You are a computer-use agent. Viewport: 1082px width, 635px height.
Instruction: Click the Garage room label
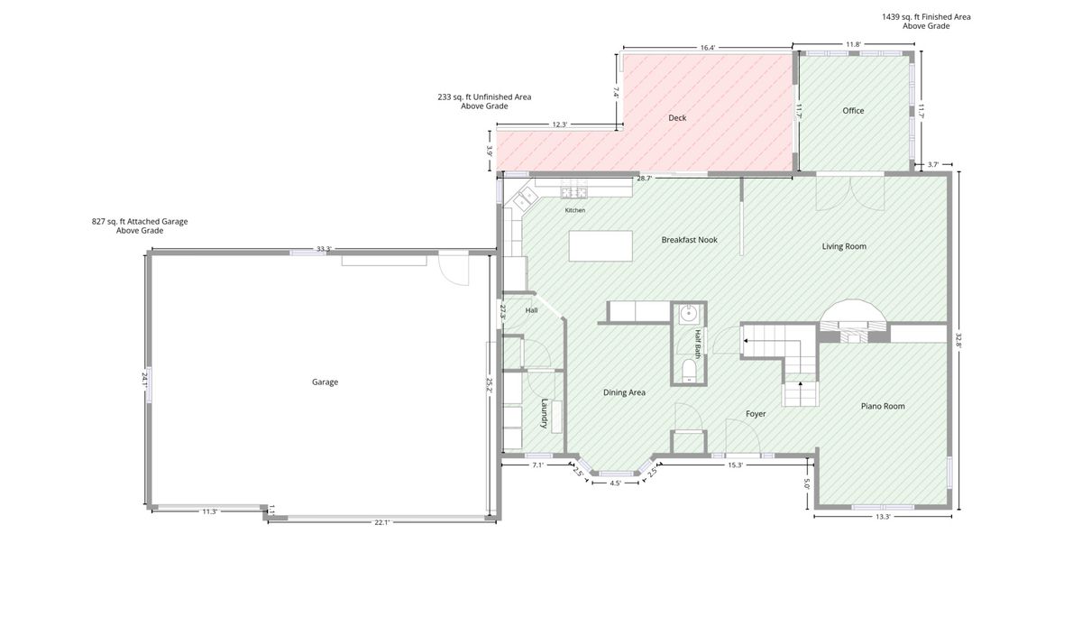point(325,382)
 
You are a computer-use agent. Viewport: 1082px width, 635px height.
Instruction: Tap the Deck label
point(677,118)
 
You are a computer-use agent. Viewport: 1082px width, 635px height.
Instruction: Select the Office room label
point(853,111)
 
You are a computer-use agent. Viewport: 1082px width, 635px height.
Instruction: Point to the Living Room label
point(844,246)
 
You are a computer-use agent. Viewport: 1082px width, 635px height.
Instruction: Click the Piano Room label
point(883,407)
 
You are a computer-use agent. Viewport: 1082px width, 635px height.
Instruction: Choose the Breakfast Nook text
point(689,240)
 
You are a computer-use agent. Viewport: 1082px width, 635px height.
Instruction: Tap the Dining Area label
point(624,393)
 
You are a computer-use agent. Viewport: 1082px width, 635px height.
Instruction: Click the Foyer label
point(756,414)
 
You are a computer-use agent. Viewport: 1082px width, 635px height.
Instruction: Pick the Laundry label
point(545,413)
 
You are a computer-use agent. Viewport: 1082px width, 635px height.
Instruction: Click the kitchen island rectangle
point(601,246)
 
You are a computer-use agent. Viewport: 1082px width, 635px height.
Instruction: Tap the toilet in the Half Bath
point(688,371)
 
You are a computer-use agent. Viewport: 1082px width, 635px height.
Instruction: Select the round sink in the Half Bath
point(687,315)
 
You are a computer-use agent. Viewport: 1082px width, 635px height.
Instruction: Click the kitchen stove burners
point(574,192)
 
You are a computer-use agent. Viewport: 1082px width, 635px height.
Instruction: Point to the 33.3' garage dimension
point(324,249)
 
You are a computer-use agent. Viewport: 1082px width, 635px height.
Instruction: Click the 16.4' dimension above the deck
point(707,48)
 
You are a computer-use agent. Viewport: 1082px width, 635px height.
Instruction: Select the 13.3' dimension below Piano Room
point(883,517)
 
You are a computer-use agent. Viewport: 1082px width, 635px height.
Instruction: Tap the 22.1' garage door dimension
point(381,522)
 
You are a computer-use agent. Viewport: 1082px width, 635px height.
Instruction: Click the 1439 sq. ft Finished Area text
point(926,17)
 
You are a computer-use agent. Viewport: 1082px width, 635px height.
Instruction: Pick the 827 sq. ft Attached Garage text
point(140,222)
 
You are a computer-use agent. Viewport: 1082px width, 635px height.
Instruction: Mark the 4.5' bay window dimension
point(615,483)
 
